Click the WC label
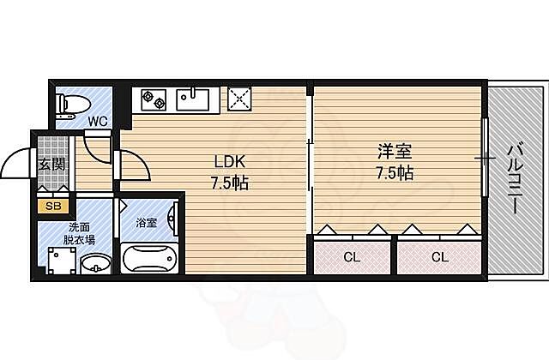coord(98,121)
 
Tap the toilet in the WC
coord(69,104)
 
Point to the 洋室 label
coord(395,152)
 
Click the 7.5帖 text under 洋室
coord(395,173)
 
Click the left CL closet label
coord(352,256)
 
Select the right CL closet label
coord(439,256)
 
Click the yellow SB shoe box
coord(52,206)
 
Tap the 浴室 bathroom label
coord(146,223)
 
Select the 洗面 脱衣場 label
coord(82,234)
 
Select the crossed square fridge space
coord(238,99)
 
